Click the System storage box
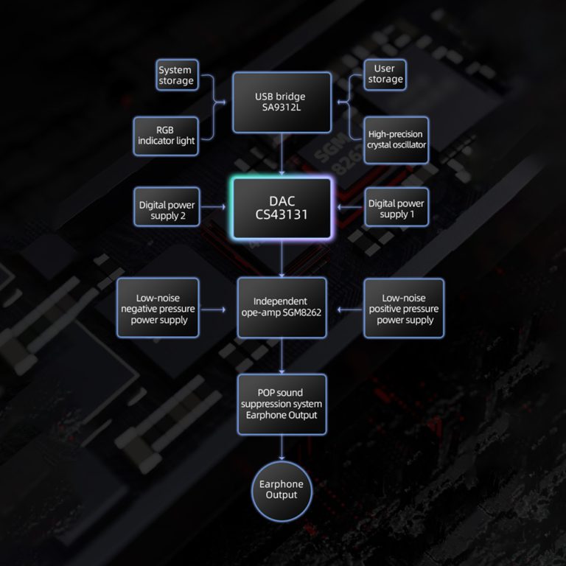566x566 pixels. point(175,76)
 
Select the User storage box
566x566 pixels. point(385,74)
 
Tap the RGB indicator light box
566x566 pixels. point(166,135)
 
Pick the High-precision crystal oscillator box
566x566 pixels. point(396,140)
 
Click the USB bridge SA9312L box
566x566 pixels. point(280,102)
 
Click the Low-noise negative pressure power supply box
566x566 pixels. point(158,308)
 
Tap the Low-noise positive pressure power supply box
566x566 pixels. point(405,308)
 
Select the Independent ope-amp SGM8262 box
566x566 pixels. point(282,307)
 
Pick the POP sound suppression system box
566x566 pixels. point(282,404)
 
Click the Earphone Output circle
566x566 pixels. point(282,489)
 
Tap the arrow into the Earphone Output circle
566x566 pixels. point(282,447)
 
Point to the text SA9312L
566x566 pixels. point(280,108)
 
